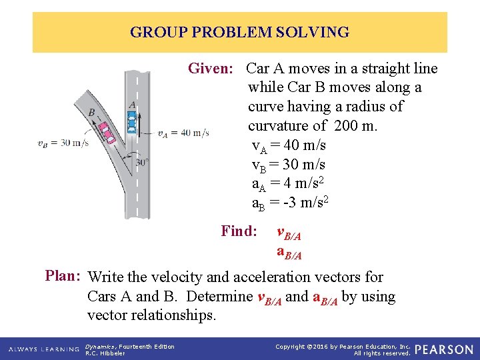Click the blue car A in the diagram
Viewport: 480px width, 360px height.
pyautogui.click(x=132, y=122)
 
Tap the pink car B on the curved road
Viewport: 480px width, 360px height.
pyautogui.click(x=107, y=132)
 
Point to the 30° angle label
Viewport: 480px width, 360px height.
pyautogui.click(x=141, y=162)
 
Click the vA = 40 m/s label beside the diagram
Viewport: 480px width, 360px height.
pyautogui.click(x=183, y=133)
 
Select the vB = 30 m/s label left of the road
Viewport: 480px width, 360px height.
pyautogui.click(x=63, y=142)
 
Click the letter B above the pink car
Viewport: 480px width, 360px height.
pyautogui.click(x=91, y=113)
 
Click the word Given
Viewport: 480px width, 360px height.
pyautogui.click(x=210, y=69)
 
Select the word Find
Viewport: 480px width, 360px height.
pyautogui.click(x=239, y=231)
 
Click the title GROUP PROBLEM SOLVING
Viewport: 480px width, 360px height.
pyautogui.click(x=239, y=32)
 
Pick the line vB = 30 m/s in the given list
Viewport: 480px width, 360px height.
pyautogui.click(x=288, y=164)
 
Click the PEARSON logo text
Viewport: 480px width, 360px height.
pyautogui.click(x=444, y=349)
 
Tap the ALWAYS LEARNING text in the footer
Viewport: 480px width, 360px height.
pyautogui.click(x=41, y=349)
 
